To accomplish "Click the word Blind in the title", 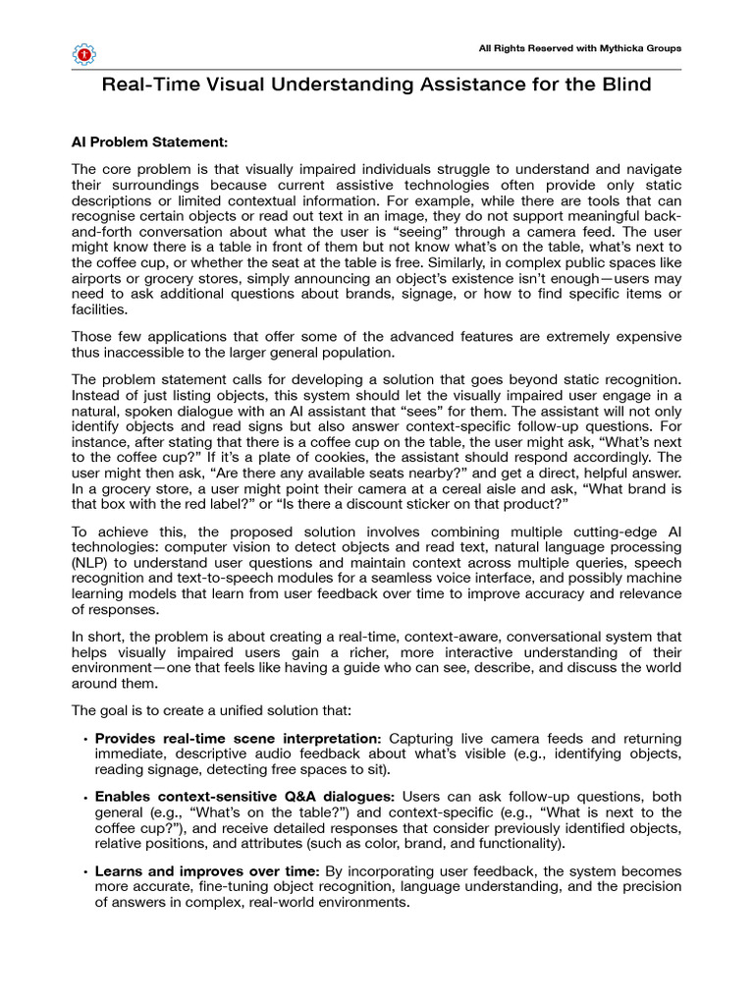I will (x=623, y=85).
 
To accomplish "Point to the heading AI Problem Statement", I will (x=149, y=140).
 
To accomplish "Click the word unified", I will (x=242, y=708).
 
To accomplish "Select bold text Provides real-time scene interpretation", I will (x=239, y=738).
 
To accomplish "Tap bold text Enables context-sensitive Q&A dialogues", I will (x=245, y=796).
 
